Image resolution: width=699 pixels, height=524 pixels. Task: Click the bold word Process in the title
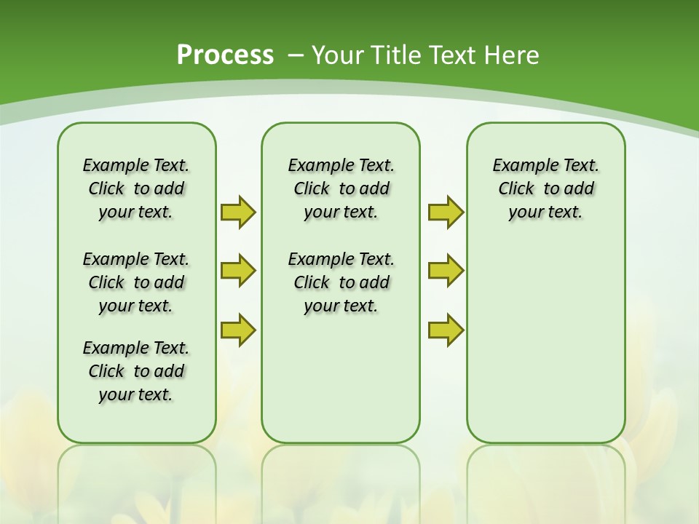pyautogui.click(x=225, y=55)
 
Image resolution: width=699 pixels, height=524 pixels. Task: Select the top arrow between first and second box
pyautogui.click(x=238, y=213)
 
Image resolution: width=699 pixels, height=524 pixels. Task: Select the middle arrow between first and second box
pyautogui.click(x=238, y=271)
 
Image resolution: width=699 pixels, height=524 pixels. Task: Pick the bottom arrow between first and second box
pyautogui.click(x=238, y=330)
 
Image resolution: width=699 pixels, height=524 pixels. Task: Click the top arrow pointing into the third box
pyautogui.click(x=446, y=213)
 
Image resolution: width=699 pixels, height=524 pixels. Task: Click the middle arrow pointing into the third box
pyautogui.click(x=446, y=271)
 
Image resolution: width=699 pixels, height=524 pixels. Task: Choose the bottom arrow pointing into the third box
pyautogui.click(x=446, y=330)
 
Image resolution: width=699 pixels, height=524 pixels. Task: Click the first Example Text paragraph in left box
pyautogui.click(x=136, y=188)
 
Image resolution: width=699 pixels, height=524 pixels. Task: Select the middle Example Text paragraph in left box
pyautogui.click(x=136, y=282)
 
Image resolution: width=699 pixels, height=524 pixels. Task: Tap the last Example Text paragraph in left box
pyautogui.click(x=136, y=371)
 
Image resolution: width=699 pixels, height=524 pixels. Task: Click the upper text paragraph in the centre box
pyautogui.click(x=341, y=188)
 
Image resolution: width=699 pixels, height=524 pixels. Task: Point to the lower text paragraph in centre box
pyautogui.click(x=341, y=282)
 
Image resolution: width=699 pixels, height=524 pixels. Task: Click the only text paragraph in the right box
pyautogui.click(x=545, y=188)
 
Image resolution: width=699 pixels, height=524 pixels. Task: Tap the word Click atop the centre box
pyautogui.click(x=312, y=189)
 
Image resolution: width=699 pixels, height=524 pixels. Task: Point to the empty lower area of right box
pyautogui.click(x=545, y=342)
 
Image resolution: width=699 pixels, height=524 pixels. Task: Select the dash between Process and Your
pyautogui.click(x=295, y=55)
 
